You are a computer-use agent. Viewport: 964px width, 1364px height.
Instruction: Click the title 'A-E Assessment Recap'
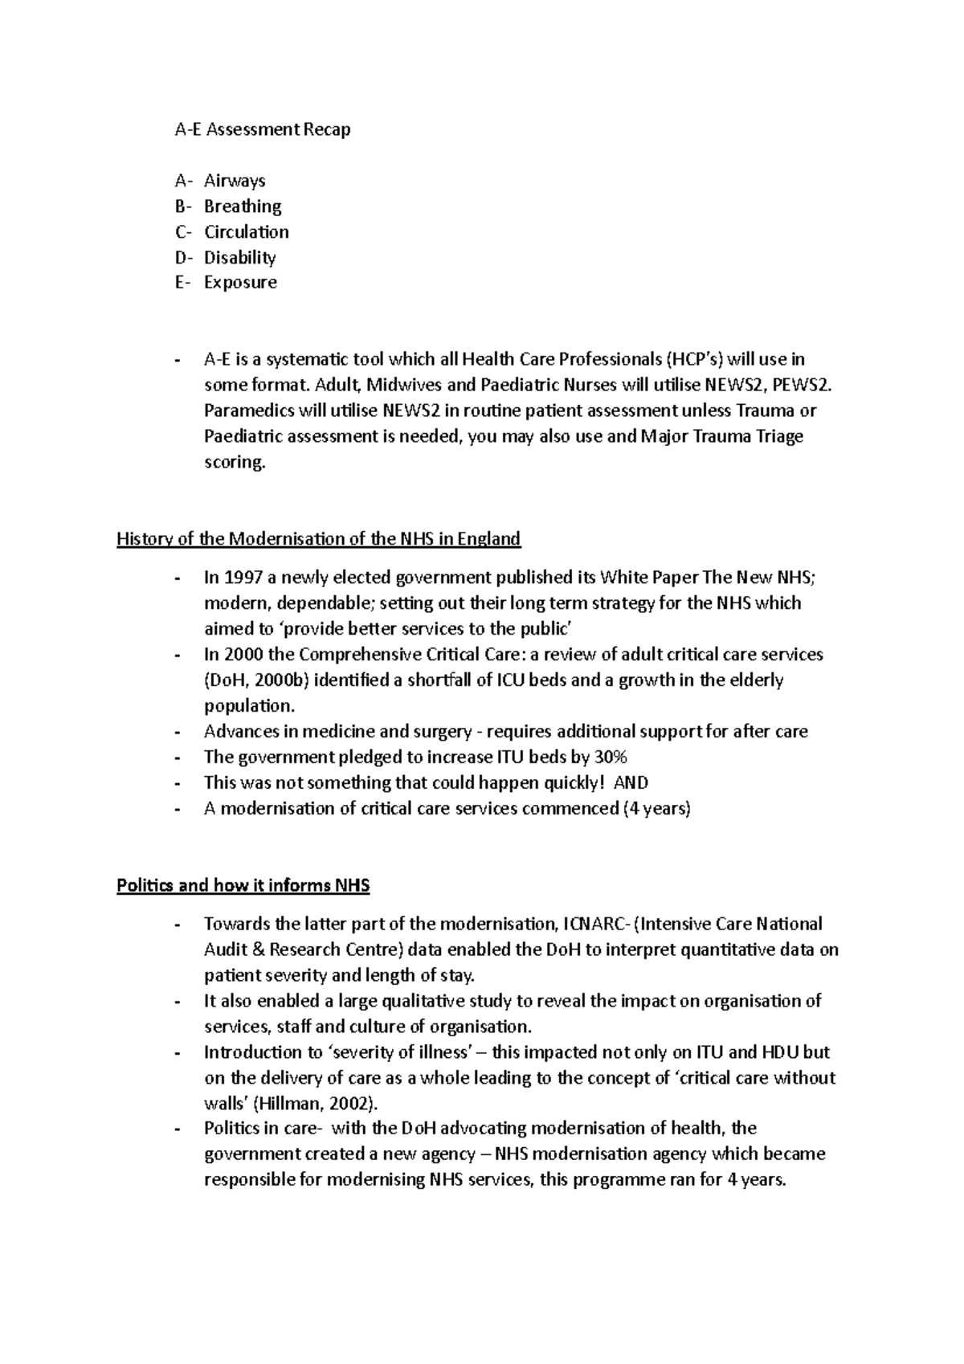263,129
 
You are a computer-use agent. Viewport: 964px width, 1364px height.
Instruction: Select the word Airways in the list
235,181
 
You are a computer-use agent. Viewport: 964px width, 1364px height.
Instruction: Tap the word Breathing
243,206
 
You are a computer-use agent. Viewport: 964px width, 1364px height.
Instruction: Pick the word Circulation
246,232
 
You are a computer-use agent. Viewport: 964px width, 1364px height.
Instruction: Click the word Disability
239,258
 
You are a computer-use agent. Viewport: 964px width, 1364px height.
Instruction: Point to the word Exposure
240,283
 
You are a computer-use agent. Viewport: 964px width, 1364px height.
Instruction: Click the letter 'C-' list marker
183,232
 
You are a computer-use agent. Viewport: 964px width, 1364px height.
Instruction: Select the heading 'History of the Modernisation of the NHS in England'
319,539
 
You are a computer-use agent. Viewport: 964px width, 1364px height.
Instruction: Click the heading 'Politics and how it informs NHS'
243,886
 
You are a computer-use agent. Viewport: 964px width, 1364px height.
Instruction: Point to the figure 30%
611,758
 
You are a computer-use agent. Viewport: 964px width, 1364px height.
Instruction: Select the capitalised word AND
631,783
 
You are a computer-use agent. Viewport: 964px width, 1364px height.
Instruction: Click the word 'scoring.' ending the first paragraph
234,463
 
